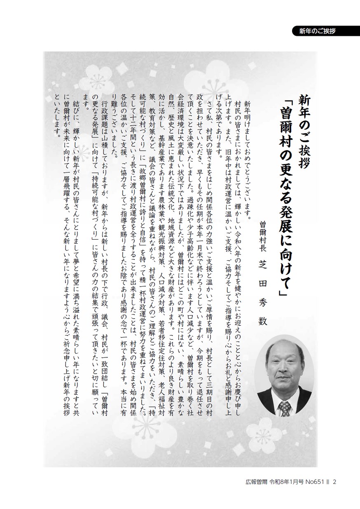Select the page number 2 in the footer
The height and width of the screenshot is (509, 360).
click(x=335, y=481)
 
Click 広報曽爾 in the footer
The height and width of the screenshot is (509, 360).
click(x=253, y=481)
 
